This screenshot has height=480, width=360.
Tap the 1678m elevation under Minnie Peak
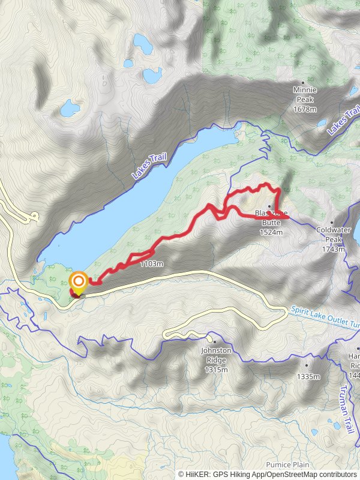304,109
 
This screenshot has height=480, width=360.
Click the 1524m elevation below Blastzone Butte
271,232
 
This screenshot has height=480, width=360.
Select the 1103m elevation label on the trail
151,263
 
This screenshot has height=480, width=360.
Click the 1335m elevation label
308,377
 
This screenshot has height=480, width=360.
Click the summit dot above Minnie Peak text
303,82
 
